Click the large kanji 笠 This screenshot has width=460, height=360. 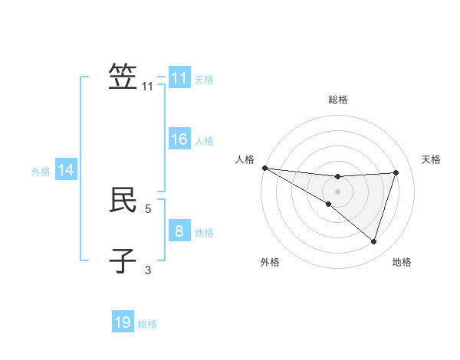(x=123, y=77)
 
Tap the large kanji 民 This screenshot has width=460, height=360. (x=123, y=200)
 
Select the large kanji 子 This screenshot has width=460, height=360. (x=123, y=261)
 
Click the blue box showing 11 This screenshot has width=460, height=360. (x=179, y=78)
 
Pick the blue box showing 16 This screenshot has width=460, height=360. (x=179, y=139)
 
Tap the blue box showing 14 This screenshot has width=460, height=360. (x=66, y=170)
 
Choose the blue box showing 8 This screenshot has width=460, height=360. (x=179, y=231)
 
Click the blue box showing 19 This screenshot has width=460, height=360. (x=123, y=322)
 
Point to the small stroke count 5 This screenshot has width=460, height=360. (x=148, y=208)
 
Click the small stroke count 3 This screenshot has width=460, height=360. (x=148, y=269)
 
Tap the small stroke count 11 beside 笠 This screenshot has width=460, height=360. (x=148, y=87)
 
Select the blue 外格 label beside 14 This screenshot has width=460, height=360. (x=41, y=172)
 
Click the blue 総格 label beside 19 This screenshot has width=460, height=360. (x=147, y=324)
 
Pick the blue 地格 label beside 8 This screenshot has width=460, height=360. (x=204, y=232)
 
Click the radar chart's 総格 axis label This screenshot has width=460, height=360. (x=338, y=100)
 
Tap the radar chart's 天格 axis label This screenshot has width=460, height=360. (x=432, y=159)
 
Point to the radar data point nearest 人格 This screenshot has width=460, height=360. (x=264, y=168)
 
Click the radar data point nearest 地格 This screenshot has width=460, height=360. (x=374, y=241)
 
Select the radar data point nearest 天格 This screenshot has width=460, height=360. (x=396, y=172)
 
